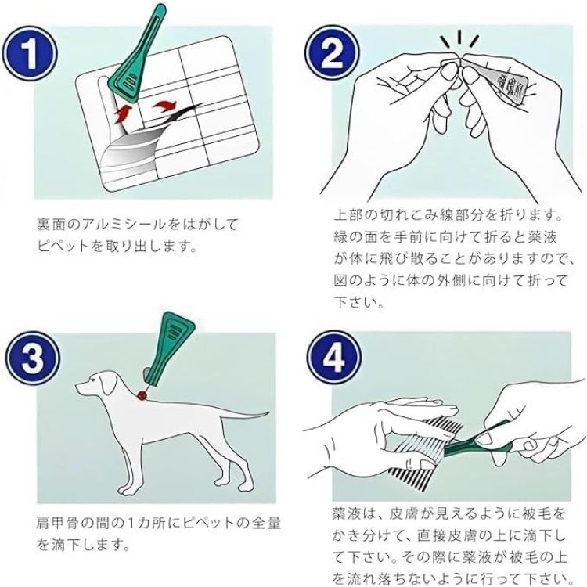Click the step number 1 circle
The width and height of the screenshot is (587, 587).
click(x=30, y=53)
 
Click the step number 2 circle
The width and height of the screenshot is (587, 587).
click(x=332, y=52)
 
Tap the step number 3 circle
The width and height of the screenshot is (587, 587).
click(x=33, y=358)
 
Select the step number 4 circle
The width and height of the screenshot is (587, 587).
click(x=334, y=358)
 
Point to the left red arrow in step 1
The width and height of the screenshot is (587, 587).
click(x=123, y=113)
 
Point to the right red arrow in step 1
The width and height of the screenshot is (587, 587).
click(x=164, y=106)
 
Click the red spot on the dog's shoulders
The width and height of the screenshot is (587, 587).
click(x=142, y=394)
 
